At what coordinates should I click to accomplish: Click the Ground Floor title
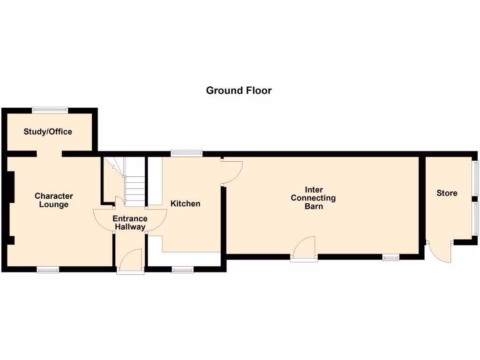[239, 90]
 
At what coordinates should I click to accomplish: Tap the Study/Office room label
[48, 132]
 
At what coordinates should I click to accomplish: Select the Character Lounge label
[53, 200]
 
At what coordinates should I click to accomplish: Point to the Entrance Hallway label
[130, 223]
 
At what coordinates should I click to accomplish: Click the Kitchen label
[185, 203]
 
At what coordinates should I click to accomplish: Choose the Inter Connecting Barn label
[313, 198]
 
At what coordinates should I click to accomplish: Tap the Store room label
[447, 193]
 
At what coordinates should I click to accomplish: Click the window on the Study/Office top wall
[50, 110]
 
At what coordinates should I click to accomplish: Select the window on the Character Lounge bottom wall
[48, 270]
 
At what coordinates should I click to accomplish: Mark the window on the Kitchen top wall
[187, 153]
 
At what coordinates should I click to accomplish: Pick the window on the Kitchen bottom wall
[182, 270]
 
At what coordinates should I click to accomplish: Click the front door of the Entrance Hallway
[130, 262]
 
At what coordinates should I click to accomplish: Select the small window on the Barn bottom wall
[390, 257]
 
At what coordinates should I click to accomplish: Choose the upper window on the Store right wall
[475, 178]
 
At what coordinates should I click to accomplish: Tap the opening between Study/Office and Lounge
[49, 153]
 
